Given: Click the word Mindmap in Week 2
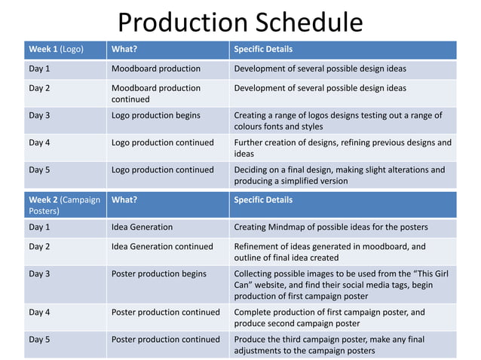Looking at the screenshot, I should tap(291, 227).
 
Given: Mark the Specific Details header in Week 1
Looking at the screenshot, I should tap(263, 50).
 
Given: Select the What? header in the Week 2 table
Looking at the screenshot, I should tap(124, 200).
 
